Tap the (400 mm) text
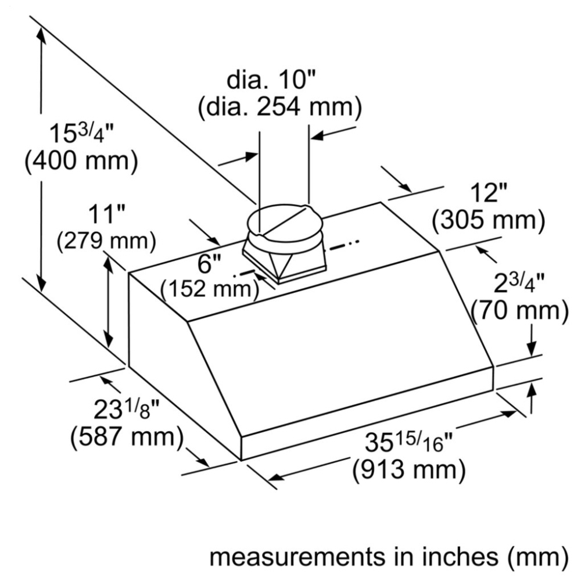[81, 161]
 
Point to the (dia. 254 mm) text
[280, 107]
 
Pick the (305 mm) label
[489, 220]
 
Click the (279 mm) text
[106, 241]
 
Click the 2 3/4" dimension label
[519, 284]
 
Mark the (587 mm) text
[127, 437]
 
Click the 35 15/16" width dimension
[408, 442]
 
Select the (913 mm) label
[408, 470]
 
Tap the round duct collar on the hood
[284, 225]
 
